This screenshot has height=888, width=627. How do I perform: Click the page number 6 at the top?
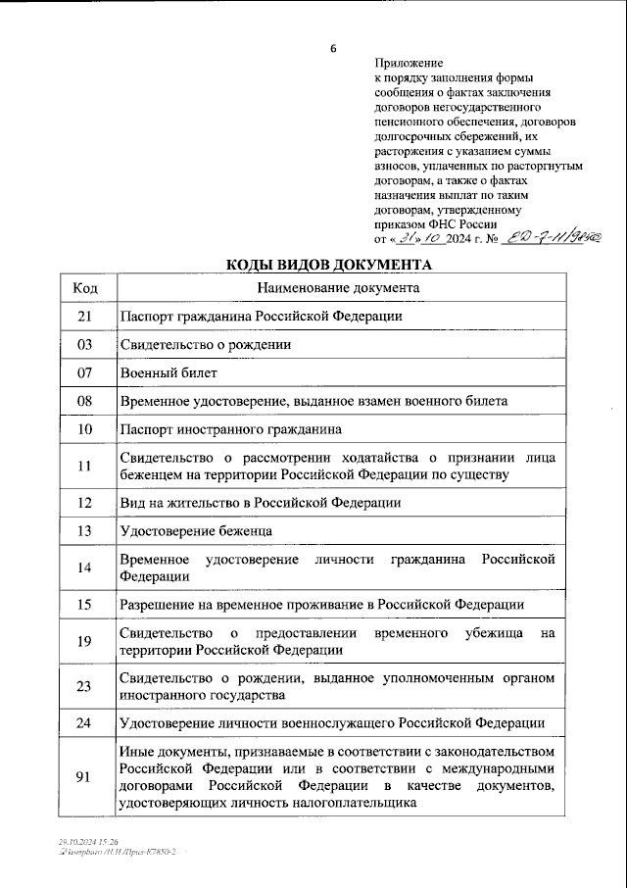[x=333, y=49]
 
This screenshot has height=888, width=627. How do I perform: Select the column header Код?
[x=85, y=288]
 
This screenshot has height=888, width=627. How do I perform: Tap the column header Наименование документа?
[x=338, y=288]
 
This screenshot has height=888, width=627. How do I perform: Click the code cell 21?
[x=85, y=317]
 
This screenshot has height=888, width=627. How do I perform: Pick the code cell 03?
[x=85, y=345]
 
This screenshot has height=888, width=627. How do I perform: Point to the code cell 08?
[x=85, y=402]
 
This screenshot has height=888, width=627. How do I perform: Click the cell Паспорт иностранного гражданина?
[x=230, y=430]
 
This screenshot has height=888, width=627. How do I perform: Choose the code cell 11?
[x=85, y=467]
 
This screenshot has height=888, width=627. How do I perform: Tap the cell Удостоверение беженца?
[x=196, y=530]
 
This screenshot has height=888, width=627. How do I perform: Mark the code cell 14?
[x=85, y=567]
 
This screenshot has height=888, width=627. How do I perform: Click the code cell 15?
[x=85, y=604]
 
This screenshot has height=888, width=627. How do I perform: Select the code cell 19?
[x=85, y=641]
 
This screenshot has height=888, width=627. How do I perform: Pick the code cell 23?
[x=85, y=686]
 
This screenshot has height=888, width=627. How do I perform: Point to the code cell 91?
[x=85, y=777]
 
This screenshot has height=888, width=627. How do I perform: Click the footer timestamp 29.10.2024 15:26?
[x=87, y=842]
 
